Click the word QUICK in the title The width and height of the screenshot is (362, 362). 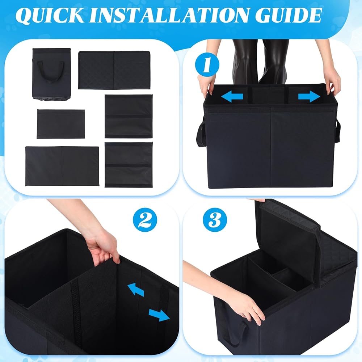50,16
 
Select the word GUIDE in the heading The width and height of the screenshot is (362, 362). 288,15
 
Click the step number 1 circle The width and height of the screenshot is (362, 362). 207,65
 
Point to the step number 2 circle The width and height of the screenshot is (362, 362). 145,220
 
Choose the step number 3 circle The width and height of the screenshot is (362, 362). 215,220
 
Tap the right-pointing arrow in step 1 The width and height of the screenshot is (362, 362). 309,96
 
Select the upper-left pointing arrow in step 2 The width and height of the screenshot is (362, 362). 136,290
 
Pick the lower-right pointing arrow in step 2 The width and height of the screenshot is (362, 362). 159,315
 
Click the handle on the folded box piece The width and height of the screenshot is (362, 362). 51,71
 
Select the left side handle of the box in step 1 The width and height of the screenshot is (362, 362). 201,132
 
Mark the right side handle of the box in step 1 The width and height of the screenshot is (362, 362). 337,130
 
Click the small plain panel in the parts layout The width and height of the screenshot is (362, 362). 61,124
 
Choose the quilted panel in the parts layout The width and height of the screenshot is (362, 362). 114,70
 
